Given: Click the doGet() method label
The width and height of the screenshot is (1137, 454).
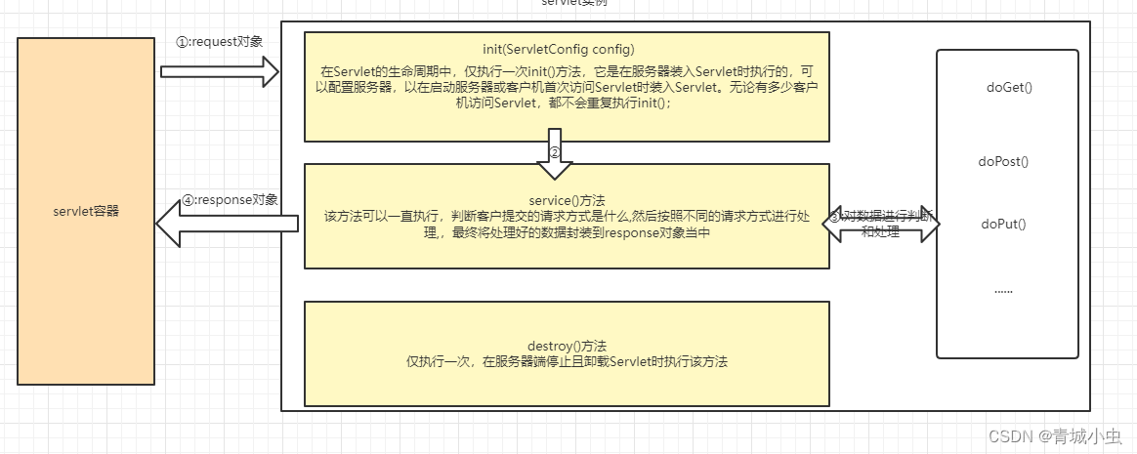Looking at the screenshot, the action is [1009, 88].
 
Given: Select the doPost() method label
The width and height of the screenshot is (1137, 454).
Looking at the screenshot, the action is [1003, 162].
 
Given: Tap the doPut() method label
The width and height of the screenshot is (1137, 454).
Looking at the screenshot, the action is [1003, 224].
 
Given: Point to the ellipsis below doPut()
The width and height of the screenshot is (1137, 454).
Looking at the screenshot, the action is [1003, 290].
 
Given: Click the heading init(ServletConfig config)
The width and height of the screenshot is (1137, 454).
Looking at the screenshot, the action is [567, 50].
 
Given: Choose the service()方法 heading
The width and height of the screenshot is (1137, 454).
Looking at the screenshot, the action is [567, 199].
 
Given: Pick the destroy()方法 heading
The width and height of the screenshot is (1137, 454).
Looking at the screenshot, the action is [567, 346].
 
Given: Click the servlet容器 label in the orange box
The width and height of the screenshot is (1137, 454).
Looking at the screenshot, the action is [86, 210].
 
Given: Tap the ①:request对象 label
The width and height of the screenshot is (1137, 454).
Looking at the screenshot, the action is [219, 42].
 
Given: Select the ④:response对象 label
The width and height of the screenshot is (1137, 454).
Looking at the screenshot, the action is [230, 200].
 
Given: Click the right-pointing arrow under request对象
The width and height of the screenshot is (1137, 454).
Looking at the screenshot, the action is [220, 71].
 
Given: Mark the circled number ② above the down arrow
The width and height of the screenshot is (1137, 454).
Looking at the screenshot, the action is [554, 152].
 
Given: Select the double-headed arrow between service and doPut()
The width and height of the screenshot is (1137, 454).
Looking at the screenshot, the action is [881, 224].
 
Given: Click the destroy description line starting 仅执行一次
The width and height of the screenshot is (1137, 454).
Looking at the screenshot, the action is [567, 361].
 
